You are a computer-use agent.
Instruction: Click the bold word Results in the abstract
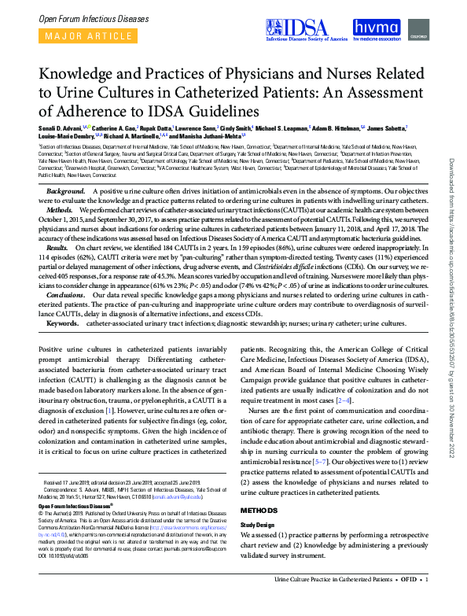(x=61, y=246)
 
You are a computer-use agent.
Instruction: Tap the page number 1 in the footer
(x=427, y=600)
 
